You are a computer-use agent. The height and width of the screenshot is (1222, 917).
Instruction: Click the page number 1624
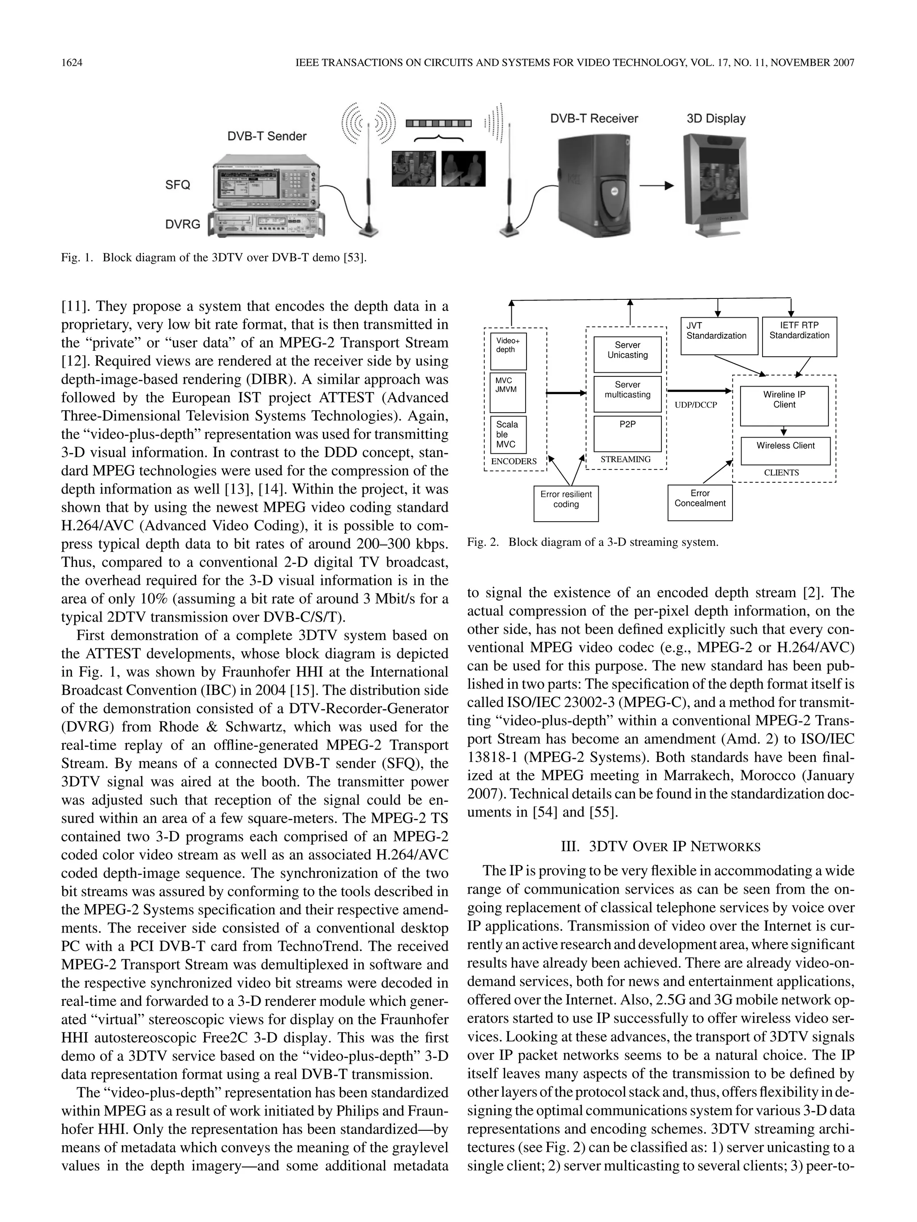pos(72,63)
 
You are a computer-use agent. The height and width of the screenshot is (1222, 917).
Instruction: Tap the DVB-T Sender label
pos(266,136)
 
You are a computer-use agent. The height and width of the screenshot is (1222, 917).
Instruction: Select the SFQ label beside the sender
pos(177,185)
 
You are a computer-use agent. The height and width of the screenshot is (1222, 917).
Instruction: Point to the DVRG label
pos(182,224)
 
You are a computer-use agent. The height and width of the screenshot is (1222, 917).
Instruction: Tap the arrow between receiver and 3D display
pos(656,186)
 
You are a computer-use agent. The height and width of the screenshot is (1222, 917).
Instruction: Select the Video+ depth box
pos(508,351)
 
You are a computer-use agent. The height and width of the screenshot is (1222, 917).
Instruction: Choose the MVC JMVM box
pos(508,391)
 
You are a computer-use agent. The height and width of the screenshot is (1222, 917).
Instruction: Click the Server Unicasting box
pos(627,354)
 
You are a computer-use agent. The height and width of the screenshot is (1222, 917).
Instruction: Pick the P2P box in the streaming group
pos(627,434)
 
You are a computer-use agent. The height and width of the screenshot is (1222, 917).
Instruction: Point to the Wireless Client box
pos(785,451)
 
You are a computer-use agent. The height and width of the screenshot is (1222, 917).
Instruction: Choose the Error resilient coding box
pos(566,503)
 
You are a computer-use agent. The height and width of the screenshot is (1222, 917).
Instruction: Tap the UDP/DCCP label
pos(695,405)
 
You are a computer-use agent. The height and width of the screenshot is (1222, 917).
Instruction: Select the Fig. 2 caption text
pos(592,542)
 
